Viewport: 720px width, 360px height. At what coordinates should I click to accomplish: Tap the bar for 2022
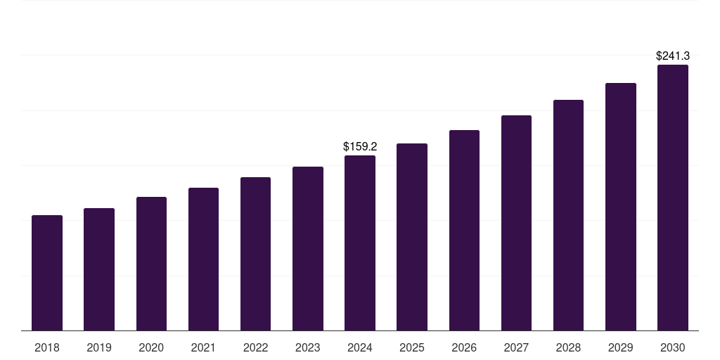255,254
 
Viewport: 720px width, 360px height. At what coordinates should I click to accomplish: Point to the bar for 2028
568,215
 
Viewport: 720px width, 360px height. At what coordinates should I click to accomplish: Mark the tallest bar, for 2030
673,198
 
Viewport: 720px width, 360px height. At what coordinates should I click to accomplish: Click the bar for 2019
99,269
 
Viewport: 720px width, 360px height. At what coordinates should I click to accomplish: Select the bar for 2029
621,207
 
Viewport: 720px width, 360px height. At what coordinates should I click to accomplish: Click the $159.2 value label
360,147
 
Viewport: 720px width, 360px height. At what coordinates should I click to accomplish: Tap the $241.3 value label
673,56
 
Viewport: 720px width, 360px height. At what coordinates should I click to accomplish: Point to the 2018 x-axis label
47,347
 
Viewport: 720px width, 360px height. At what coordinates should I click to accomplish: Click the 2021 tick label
203,347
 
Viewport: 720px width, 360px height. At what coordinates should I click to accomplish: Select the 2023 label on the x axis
308,347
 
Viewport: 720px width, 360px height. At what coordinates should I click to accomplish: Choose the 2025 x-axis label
412,347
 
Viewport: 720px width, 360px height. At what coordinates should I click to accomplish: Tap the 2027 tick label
516,347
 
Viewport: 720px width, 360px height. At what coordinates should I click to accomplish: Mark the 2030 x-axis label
673,347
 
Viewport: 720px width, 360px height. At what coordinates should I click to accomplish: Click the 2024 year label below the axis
360,347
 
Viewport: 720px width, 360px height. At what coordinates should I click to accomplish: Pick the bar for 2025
412,237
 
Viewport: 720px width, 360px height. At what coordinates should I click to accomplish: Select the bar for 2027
516,223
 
